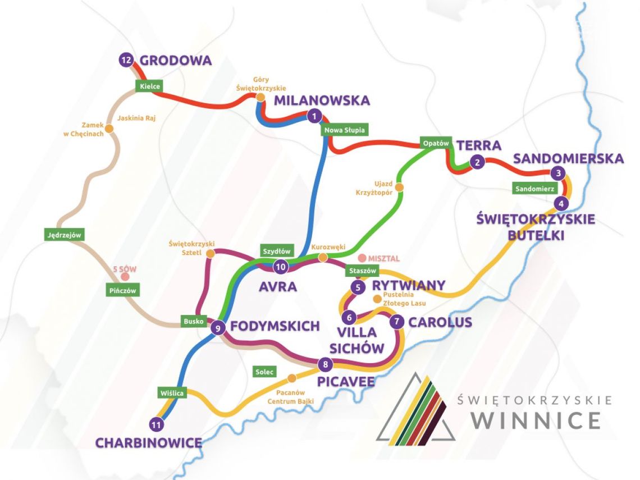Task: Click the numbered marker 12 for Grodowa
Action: (126, 60)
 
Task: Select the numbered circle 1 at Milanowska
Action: (314, 116)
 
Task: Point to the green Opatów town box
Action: (436, 143)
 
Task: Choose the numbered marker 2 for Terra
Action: (477, 163)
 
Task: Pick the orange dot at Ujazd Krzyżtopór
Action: (400, 187)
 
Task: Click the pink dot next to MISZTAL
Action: (363, 258)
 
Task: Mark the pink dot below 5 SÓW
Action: (125, 277)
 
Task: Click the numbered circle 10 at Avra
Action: (280, 267)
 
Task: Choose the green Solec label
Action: (264, 372)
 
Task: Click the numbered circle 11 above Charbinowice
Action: (158, 424)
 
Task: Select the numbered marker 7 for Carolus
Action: (397, 322)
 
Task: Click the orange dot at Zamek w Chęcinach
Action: (109, 129)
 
